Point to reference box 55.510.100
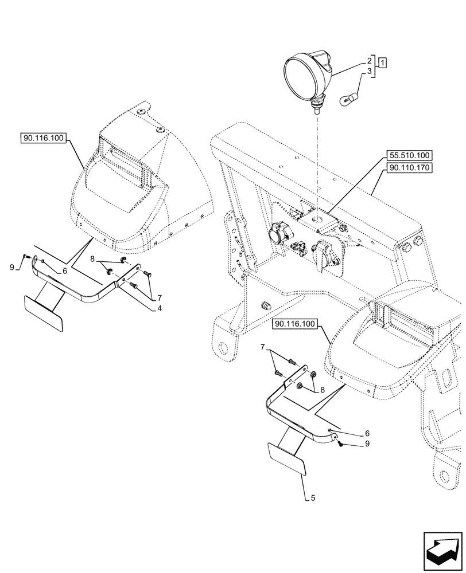pyautogui.click(x=410, y=155)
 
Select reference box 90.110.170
pyautogui.click(x=410, y=167)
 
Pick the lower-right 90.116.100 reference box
pyautogui.click(x=296, y=324)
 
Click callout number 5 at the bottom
pyautogui.click(x=313, y=498)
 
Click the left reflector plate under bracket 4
pyautogui.click(x=43, y=312)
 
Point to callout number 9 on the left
pyautogui.click(x=12, y=267)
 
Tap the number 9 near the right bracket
pyautogui.click(x=367, y=444)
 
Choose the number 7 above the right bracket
pyautogui.click(x=262, y=347)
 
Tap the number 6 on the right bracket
pyautogui.click(x=367, y=433)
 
